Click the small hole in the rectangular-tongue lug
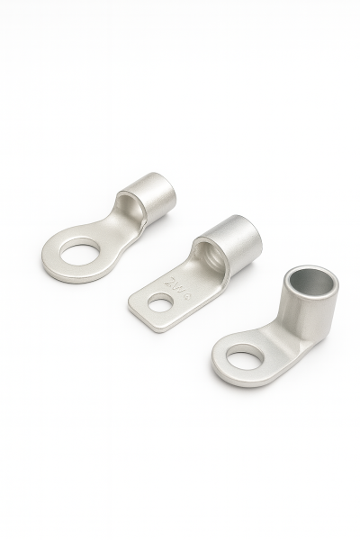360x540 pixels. (160, 304)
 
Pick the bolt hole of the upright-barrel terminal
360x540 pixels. (242, 361)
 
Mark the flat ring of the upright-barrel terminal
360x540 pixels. (225, 369)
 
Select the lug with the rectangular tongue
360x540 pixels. (193, 274)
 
